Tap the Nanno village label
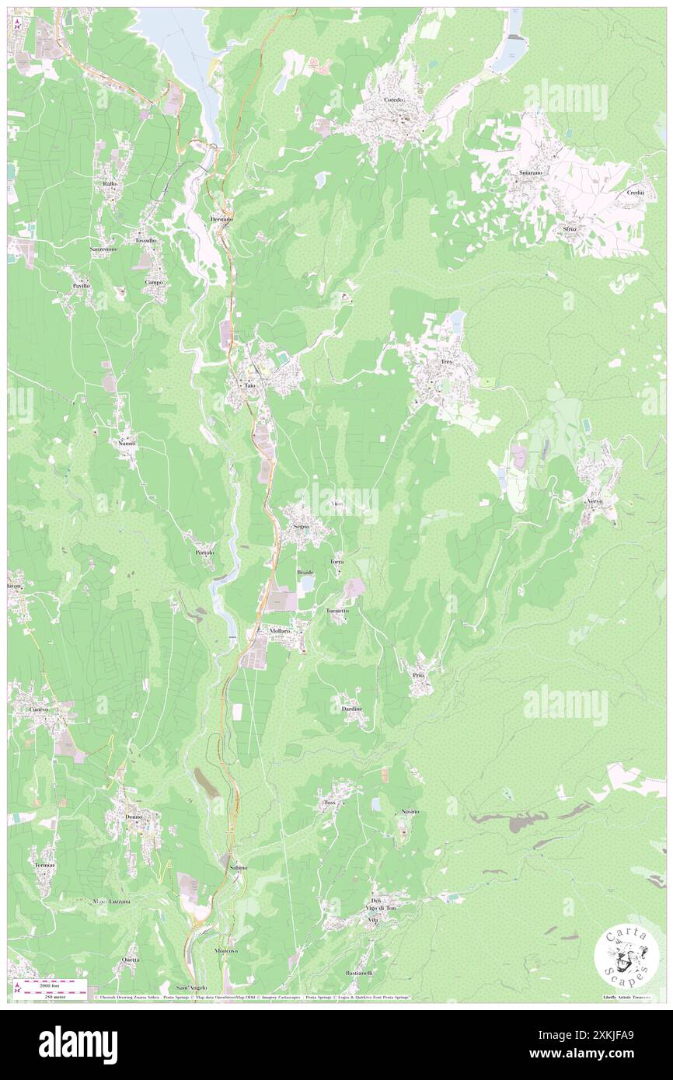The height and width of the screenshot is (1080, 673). click(x=127, y=443)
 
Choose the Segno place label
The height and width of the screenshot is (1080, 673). click(x=302, y=526)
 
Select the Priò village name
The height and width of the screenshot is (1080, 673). click(x=418, y=675)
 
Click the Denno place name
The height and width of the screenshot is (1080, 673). click(x=133, y=817)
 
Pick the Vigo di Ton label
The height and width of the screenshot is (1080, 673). click(x=381, y=908)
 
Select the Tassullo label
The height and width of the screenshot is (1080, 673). click(x=145, y=241)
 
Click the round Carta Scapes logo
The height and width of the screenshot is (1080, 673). click(x=626, y=958)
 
